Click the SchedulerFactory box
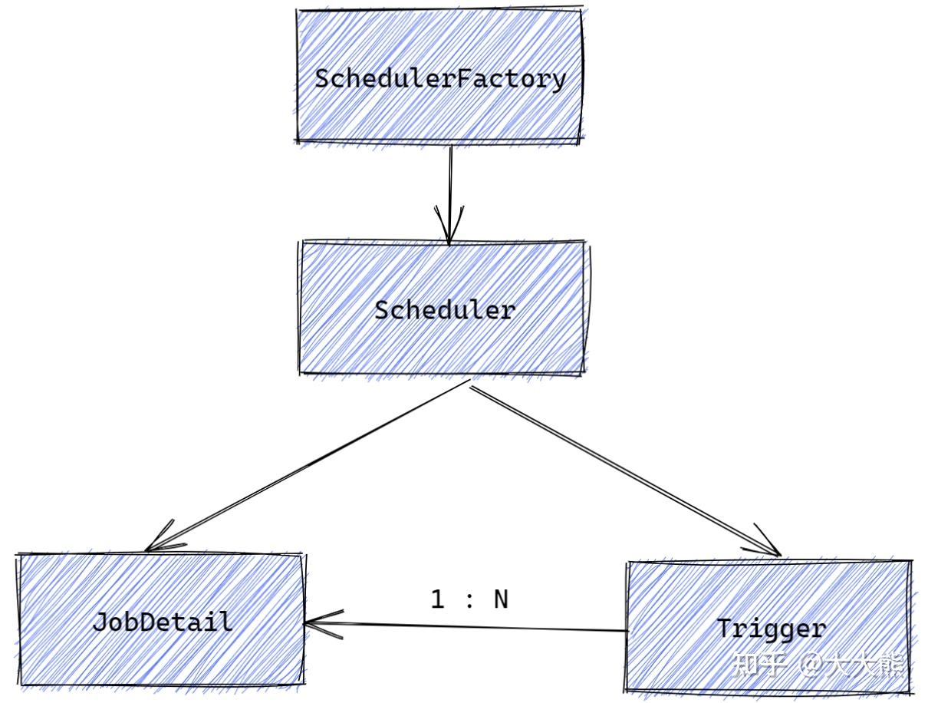[439, 76]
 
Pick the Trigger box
[768, 627]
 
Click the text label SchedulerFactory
[440, 79]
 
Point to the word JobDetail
[163, 622]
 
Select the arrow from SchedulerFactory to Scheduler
[450, 196]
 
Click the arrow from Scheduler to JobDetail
[307, 466]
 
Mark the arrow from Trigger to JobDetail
[466, 626]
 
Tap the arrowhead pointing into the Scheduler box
[449, 226]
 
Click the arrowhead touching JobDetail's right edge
[323, 623]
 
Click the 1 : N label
[469, 599]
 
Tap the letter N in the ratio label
[501, 599]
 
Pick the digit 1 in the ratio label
[437, 599]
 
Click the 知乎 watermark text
[759, 665]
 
